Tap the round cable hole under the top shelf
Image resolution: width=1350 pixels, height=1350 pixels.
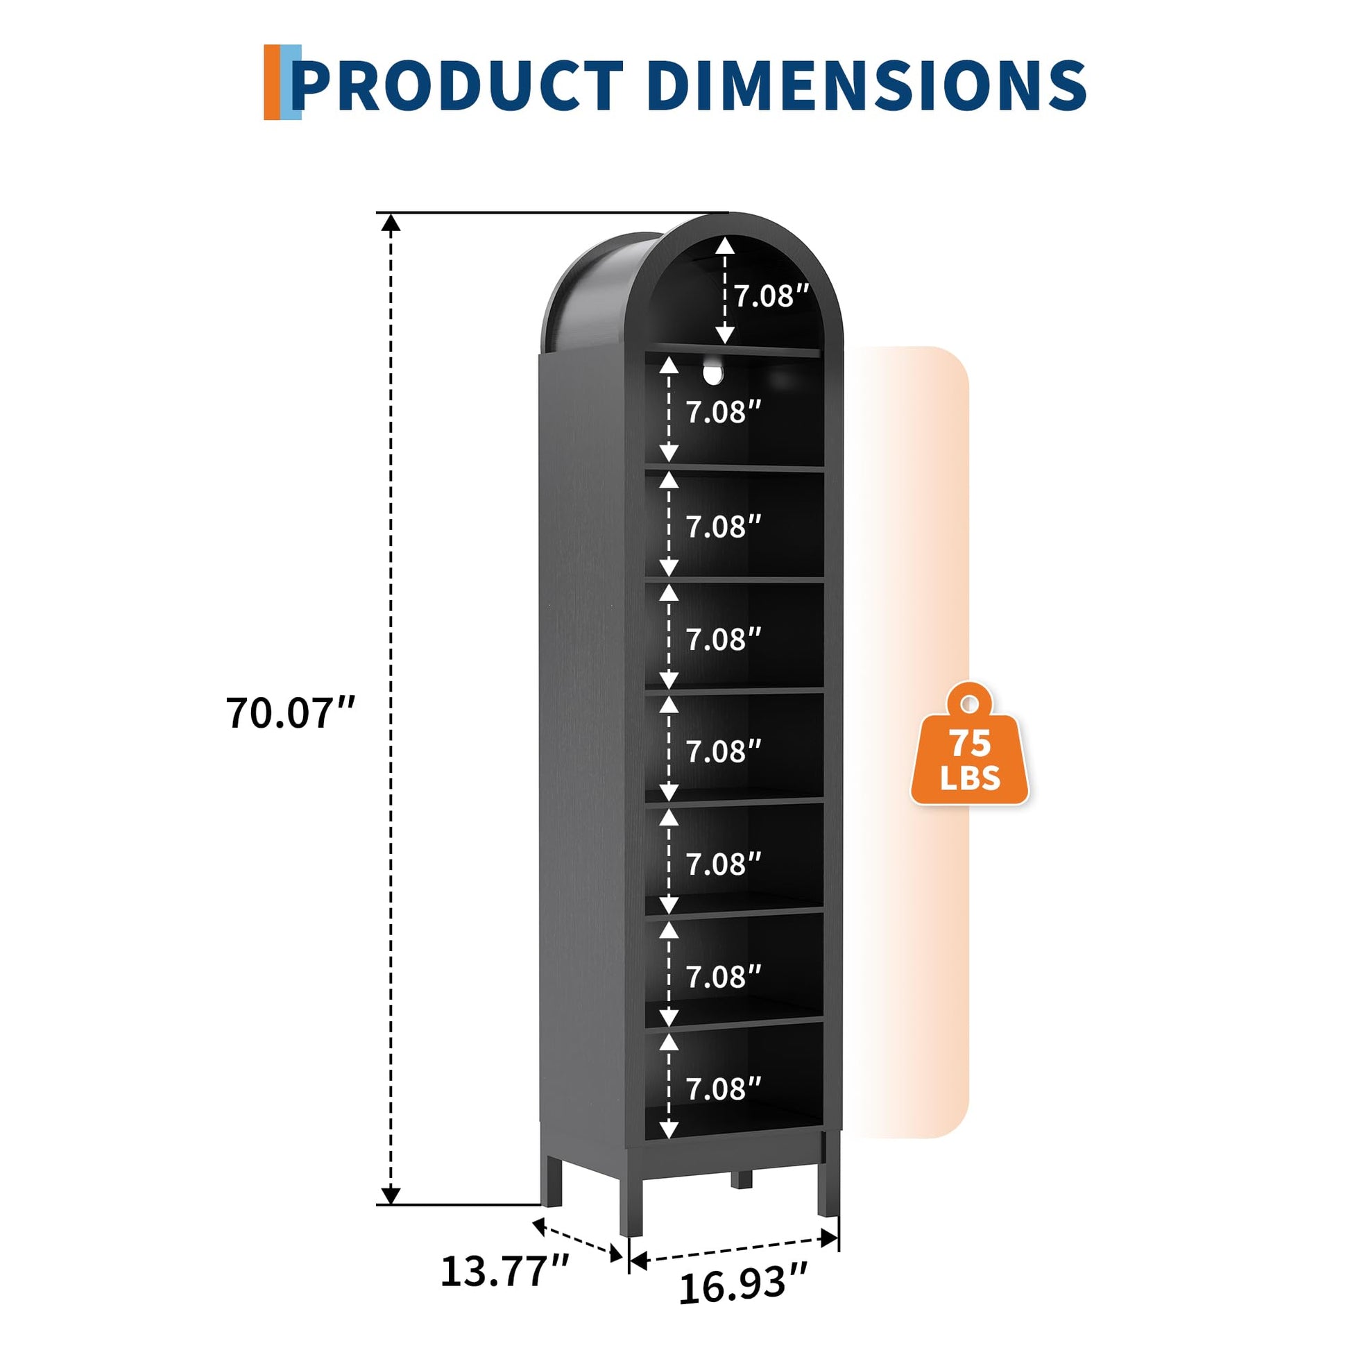click(712, 372)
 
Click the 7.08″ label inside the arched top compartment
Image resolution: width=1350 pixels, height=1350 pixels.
click(771, 296)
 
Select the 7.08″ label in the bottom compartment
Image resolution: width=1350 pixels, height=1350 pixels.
click(723, 1088)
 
